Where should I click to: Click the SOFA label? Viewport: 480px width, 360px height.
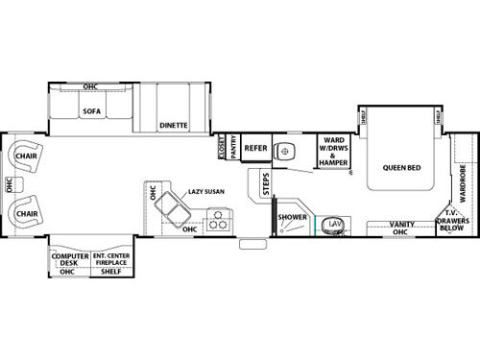tap(92, 110)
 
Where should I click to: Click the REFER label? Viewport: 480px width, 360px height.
tap(254, 148)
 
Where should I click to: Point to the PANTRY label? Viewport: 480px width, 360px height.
tap(231, 149)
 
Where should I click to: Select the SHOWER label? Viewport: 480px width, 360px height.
tap(292, 218)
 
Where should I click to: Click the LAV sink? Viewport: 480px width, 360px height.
tap(335, 224)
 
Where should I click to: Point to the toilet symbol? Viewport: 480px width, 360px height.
tap(286, 151)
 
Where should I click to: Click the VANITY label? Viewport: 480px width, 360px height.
tap(401, 227)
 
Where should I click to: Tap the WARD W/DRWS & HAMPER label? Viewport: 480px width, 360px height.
tap(334, 153)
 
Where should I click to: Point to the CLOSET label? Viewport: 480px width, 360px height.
tap(220, 149)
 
